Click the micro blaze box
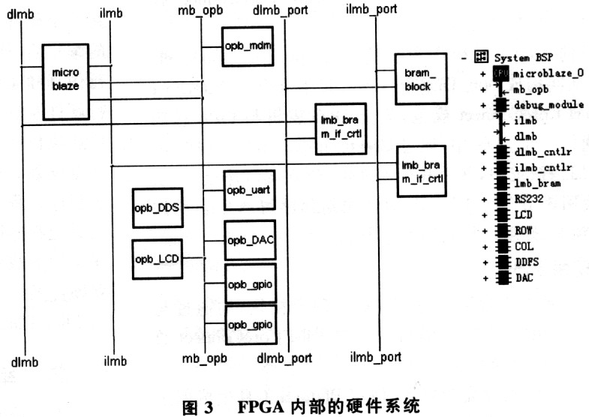[66, 82]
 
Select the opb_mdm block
[248, 46]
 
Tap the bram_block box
[421, 79]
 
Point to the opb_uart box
[249, 190]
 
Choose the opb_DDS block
[158, 208]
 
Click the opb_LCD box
[158, 259]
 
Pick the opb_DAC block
[250, 240]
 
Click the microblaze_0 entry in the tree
[548, 73]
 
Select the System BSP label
[523, 58]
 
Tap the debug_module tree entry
[548, 105]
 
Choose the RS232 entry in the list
[529, 199]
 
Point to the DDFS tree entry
[527, 262]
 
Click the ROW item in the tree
[524, 230]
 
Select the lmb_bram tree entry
[537, 183]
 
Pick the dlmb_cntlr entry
[543, 152]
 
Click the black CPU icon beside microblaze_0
[500, 73]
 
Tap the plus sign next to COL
[485, 247]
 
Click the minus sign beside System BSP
[464, 58]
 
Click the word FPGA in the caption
[260, 406]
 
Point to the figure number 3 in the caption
[209, 407]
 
